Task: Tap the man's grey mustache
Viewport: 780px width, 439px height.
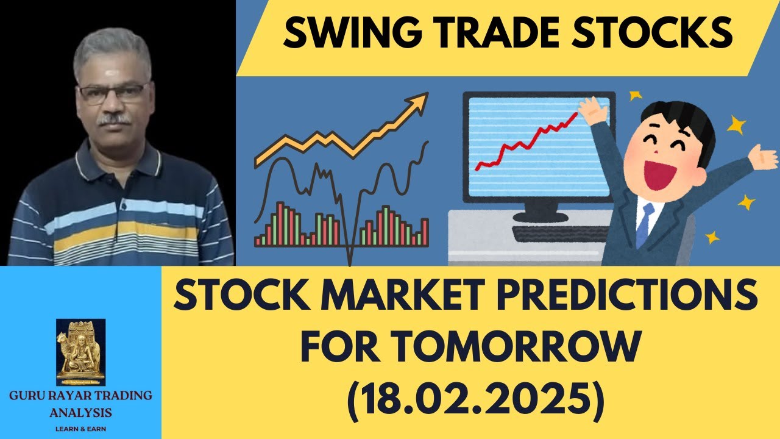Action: click(x=115, y=120)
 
